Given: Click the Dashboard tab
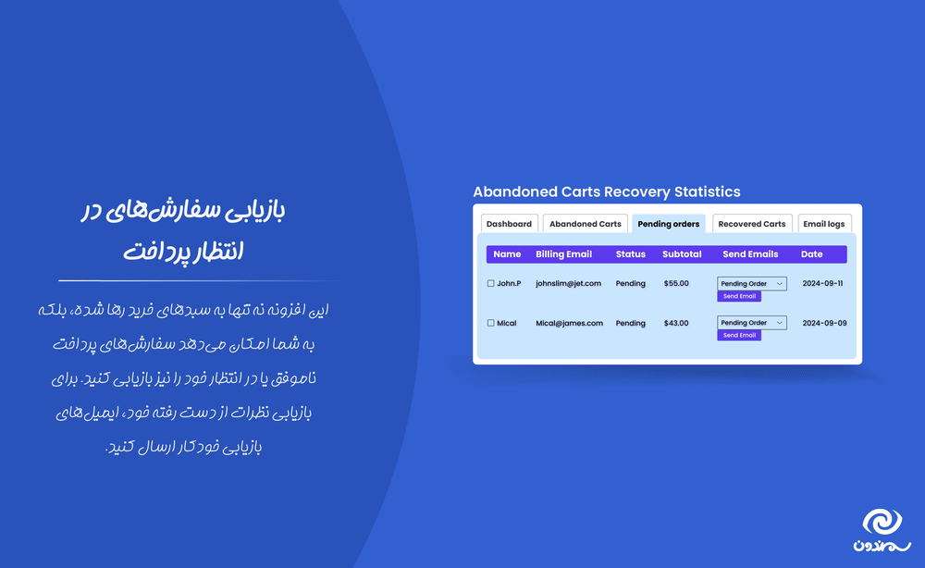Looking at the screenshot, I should pos(509,224).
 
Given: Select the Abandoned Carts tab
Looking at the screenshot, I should pos(586,224).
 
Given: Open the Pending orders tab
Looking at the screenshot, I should pos(668,224).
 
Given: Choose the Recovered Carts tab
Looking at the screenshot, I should pos(752,224).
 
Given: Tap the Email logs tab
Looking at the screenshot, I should pos(824,224).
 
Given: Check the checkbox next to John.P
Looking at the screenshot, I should pos(491,284).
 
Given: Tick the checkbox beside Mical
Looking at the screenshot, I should pos(491,324).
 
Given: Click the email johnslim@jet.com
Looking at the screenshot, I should pos(568,283).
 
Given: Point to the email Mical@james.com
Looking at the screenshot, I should pos(569,323).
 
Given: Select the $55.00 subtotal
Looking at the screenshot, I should pos(676,283).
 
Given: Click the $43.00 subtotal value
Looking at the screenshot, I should pos(676,323).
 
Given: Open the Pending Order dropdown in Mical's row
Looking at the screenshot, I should pos(751,323).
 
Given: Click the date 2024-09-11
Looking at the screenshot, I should pos(822,283).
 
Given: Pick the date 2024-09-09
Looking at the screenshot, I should pos(822,323).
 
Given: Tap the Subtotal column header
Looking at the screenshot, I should pos(682,254).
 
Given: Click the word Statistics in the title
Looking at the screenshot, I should pos(706,192).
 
